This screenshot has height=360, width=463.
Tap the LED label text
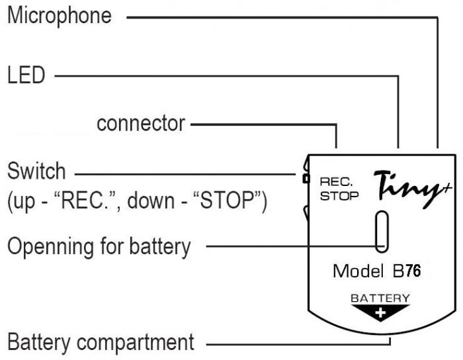click(x=26, y=75)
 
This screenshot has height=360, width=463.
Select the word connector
click(x=141, y=123)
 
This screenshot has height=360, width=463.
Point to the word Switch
click(x=37, y=171)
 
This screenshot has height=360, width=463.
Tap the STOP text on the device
click(x=339, y=195)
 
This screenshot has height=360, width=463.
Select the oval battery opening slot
click(x=381, y=231)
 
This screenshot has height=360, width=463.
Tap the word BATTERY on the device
click(x=380, y=298)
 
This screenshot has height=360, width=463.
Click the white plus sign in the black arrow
click(x=381, y=313)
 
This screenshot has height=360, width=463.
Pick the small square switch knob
click(x=306, y=178)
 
